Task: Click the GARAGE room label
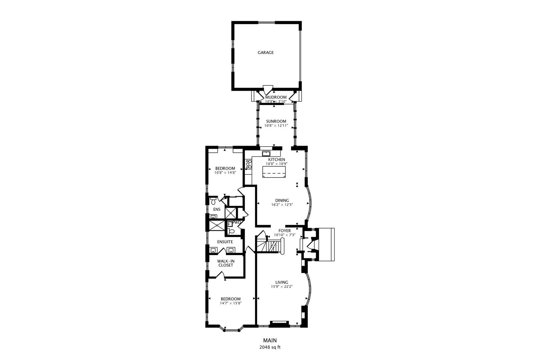265,52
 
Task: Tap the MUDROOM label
276,97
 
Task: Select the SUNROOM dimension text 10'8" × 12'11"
276,126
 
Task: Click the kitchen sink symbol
266,154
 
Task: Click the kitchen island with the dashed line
274,172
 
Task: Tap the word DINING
282,200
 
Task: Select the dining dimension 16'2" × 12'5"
282,205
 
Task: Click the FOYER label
284,231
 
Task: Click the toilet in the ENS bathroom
213,201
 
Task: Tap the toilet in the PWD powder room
231,231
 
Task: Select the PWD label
236,222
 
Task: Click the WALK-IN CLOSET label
226,263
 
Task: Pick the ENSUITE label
225,242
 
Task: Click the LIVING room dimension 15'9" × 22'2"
282,287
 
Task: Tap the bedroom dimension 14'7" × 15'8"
231,303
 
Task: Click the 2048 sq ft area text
270,347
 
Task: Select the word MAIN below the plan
270,340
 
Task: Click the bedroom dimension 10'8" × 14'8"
225,173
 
